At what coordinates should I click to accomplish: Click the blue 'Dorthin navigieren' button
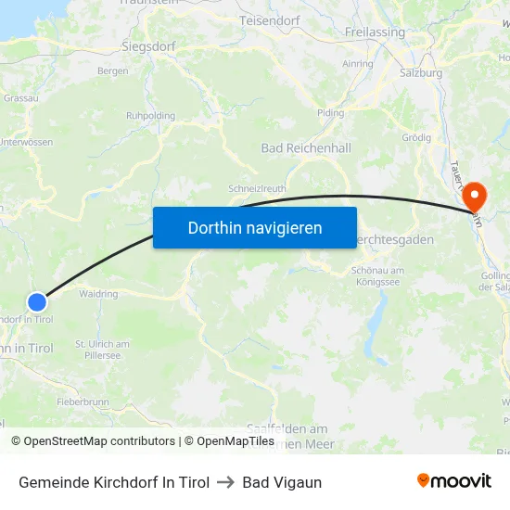pyautogui.click(x=255, y=227)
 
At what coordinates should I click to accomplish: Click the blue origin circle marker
pyautogui.click(x=37, y=301)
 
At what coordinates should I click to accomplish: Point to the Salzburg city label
pyautogui.click(x=420, y=72)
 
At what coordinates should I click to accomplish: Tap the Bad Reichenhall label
pyautogui.click(x=306, y=148)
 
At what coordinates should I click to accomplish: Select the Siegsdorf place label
pyautogui.click(x=149, y=45)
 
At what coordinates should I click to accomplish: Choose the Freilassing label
pyautogui.click(x=375, y=32)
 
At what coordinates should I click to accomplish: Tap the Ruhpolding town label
pyautogui.click(x=150, y=116)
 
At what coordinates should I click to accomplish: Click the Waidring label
pyautogui.click(x=98, y=294)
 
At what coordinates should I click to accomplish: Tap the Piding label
pyautogui.click(x=330, y=113)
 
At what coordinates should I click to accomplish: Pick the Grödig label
pyautogui.click(x=416, y=137)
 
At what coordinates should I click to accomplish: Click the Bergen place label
pyautogui.click(x=112, y=70)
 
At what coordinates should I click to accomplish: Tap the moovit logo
pyautogui.click(x=453, y=481)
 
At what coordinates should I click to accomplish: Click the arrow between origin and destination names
pyautogui.click(x=225, y=482)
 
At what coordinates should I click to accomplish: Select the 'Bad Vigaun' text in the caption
pyautogui.click(x=282, y=482)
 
